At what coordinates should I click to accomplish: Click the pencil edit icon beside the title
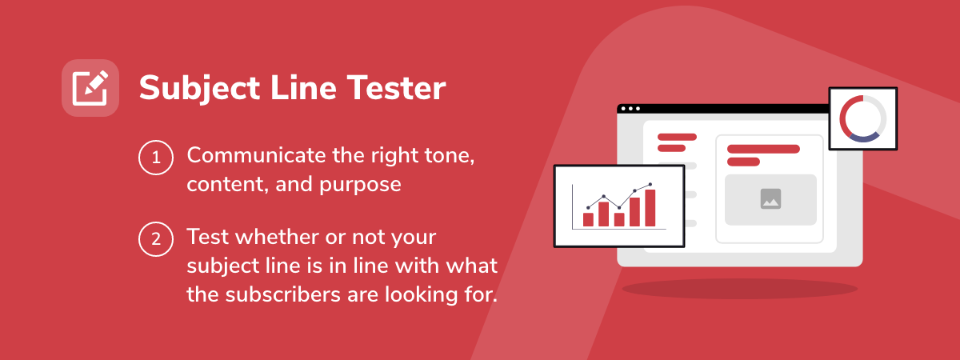[90, 88]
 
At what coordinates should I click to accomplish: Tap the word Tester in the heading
[397, 88]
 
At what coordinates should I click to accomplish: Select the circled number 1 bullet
[156, 158]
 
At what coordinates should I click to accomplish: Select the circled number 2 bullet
[156, 239]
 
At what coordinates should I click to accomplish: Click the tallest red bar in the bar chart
[650, 208]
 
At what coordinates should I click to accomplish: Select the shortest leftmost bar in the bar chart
[588, 219]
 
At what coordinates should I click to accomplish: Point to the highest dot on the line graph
[650, 184]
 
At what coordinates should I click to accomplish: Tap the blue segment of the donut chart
[864, 138]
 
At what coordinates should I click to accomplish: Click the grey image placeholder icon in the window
[770, 199]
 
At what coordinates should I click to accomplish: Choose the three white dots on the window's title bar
[630, 109]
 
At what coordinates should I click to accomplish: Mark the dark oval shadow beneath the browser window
[740, 289]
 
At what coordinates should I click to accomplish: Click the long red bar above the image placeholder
[763, 149]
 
